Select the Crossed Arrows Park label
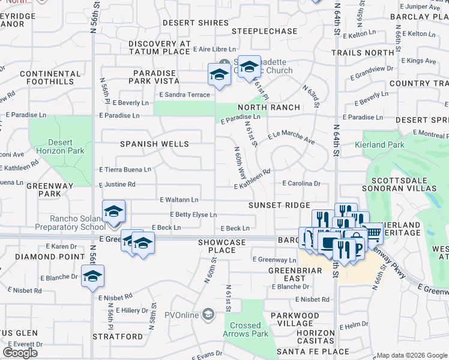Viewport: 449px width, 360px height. [x=246, y=329]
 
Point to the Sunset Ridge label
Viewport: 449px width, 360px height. [x=279, y=205]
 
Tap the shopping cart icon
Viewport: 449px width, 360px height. [x=373, y=232]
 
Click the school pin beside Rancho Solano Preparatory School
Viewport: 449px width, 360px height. [x=113, y=212]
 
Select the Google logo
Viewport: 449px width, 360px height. [x=20, y=353]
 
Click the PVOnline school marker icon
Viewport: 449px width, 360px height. [x=208, y=314]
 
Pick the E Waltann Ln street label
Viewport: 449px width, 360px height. [x=179, y=199]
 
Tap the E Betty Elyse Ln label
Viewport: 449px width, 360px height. [x=193, y=214]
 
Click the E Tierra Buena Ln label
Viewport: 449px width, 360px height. [x=125, y=170]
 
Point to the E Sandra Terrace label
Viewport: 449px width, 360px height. [x=184, y=95]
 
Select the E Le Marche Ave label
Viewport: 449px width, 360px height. [x=291, y=138]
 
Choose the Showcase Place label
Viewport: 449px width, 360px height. [x=222, y=246]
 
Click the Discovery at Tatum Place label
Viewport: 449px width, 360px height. [x=159, y=48]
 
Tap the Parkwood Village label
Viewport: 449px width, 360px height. [x=295, y=320]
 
